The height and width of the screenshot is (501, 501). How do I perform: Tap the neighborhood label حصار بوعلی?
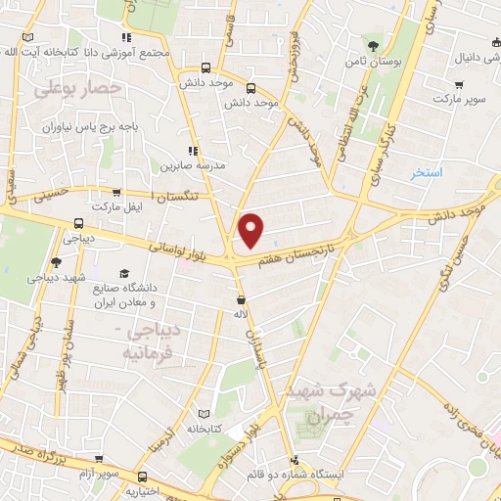pos(77,89)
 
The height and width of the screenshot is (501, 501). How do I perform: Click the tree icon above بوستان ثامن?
pos(371,45)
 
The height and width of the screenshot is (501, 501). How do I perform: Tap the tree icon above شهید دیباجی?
pos(56,262)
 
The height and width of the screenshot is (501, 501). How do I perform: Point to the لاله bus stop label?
pos(241,314)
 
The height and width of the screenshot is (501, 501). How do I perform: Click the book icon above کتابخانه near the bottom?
pos(204,413)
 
